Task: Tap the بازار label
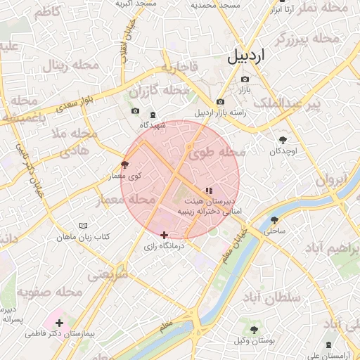coord(243,91)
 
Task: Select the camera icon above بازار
coord(244,79)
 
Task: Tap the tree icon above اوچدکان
coord(283,140)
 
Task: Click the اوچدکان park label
coord(283,151)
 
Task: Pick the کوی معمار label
coord(125,175)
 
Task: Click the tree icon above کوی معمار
coord(125,165)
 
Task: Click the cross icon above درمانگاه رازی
coord(164,235)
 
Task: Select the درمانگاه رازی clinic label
coord(164,246)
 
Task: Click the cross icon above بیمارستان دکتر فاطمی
coord(59,323)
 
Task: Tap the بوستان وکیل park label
coord(253,340)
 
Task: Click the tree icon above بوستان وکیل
coord(253,329)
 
